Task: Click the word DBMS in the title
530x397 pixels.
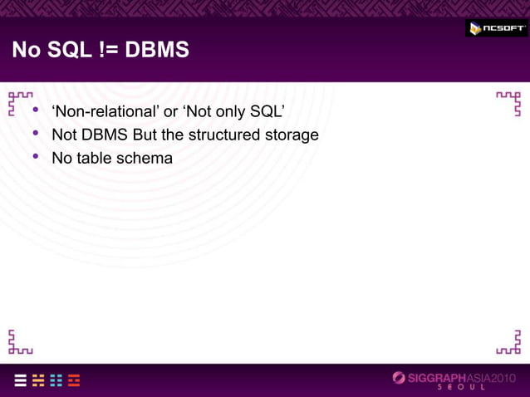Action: click(x=157, y=51)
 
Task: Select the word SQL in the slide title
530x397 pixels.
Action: click(x=67, y=51)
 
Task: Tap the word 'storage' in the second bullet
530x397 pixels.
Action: click(x=293, y=135)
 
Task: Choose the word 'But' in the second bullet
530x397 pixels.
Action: click(x=146, y=135)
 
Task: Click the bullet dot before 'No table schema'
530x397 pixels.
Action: click(x=36, y=156)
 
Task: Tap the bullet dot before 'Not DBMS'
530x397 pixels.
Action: click(x=36, y=134)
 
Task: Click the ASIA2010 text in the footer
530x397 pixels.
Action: click(x=496, y=378)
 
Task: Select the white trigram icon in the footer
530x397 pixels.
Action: click(x=19, y=380)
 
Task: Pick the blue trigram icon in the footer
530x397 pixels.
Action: click(x=56, y=380)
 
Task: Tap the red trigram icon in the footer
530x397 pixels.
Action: click(x=75, y=380)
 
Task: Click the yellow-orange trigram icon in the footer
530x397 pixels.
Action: click(x=38, y=380)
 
